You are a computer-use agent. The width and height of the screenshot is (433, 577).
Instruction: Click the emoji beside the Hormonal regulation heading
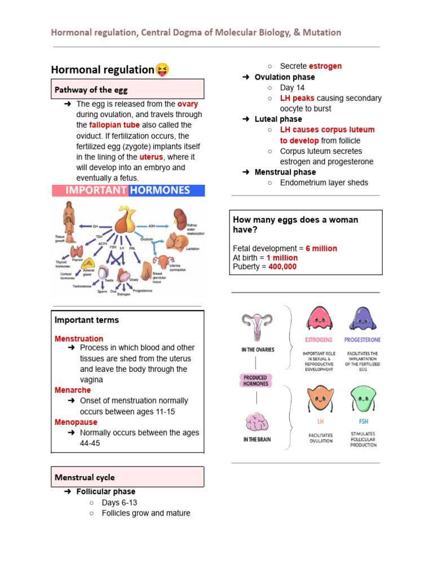click(x=162, y=70)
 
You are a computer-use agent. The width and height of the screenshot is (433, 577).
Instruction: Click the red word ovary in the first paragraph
click(x=188, y=104)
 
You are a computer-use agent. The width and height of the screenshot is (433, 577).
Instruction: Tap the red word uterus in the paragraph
click(x=151, y=157)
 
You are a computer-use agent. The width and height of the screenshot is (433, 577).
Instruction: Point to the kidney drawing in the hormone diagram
click(x=180, y=218)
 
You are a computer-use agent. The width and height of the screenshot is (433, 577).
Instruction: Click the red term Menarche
click(x=73, y=390)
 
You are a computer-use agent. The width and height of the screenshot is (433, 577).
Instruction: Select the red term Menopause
click(x=76, y=423)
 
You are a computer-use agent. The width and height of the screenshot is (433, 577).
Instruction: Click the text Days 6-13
click(x=120, y=503)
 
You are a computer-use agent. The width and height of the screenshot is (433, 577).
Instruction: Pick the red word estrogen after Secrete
click(x=325, y=66)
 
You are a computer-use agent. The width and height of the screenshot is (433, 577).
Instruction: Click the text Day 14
click(x=291, y=87)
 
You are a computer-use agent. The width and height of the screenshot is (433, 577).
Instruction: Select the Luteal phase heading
click(x=278, y=119)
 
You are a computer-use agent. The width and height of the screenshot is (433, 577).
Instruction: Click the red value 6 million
click(x=321, y=248)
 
